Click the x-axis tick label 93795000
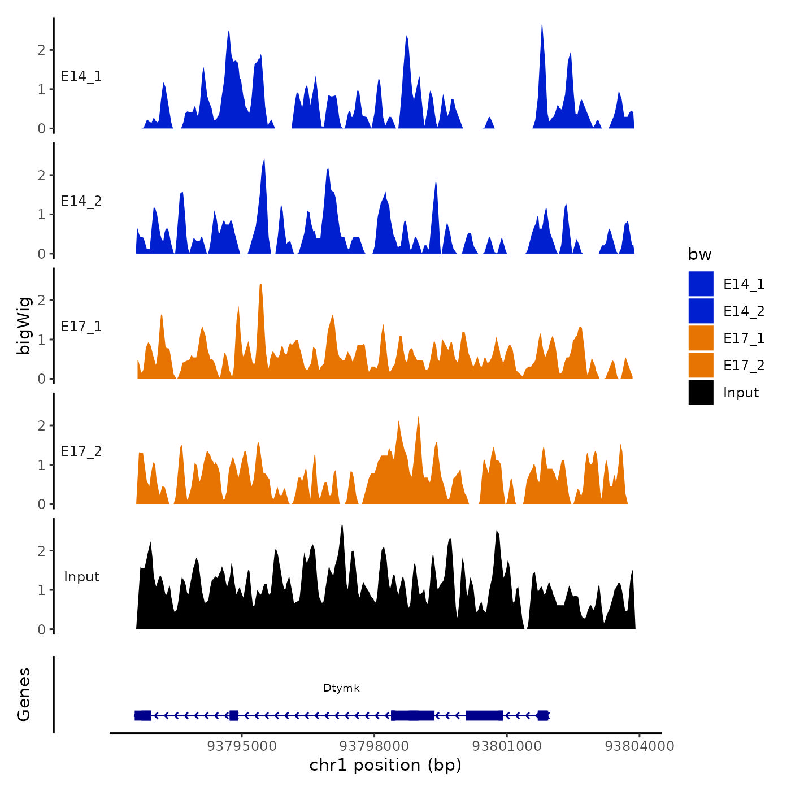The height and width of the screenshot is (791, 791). (242, 746)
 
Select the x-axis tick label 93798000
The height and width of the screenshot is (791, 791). (375, 746)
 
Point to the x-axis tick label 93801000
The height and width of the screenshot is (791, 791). (507, 746)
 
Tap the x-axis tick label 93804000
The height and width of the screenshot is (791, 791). (639, 746)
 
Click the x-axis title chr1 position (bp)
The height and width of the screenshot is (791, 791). (385, 766)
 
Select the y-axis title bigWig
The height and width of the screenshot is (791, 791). (24, 325)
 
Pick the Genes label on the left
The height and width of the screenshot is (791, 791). (24, 694)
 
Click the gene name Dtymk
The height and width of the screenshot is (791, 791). (341, 688)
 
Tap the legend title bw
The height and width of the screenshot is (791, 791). (699, 255)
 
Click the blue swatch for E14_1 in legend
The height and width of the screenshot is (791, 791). (701, 284)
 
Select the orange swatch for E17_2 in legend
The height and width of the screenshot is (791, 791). (701, 365)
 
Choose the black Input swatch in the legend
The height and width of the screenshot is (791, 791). (701, 392)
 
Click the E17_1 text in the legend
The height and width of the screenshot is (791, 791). (744, 338)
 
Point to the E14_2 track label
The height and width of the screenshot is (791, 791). (81, 201)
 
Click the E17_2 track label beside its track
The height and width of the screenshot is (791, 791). (81, 451)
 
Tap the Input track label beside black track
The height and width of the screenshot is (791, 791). (81, 577)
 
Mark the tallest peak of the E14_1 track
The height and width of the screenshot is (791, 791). (542, 26)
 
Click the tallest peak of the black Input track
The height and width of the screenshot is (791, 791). (342, 525)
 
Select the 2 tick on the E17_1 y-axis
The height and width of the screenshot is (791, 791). (42, 301)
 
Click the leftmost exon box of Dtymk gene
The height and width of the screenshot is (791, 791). (143, 716)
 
